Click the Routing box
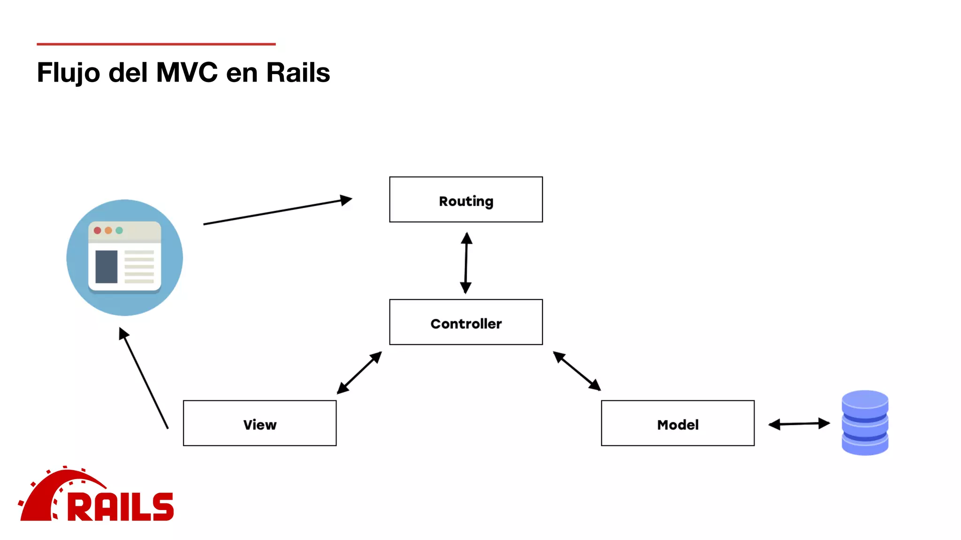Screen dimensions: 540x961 465,200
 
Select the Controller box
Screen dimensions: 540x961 465,322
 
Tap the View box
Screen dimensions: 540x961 259,423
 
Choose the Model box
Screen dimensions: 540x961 677,423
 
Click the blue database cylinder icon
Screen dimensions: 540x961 864,423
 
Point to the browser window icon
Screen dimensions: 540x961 124,257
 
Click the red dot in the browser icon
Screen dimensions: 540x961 98,230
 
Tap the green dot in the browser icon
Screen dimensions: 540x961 119,230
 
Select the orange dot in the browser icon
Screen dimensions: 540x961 108,230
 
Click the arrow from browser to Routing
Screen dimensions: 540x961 277,212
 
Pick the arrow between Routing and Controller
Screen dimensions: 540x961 465,262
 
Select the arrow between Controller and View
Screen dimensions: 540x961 359,373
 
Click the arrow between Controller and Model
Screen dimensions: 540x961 577,371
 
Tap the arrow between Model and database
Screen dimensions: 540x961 799,424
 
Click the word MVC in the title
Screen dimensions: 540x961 187,73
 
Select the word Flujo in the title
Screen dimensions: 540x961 69,73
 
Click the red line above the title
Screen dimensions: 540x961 156,44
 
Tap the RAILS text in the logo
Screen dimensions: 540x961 121,507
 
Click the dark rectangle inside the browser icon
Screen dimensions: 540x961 107,267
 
